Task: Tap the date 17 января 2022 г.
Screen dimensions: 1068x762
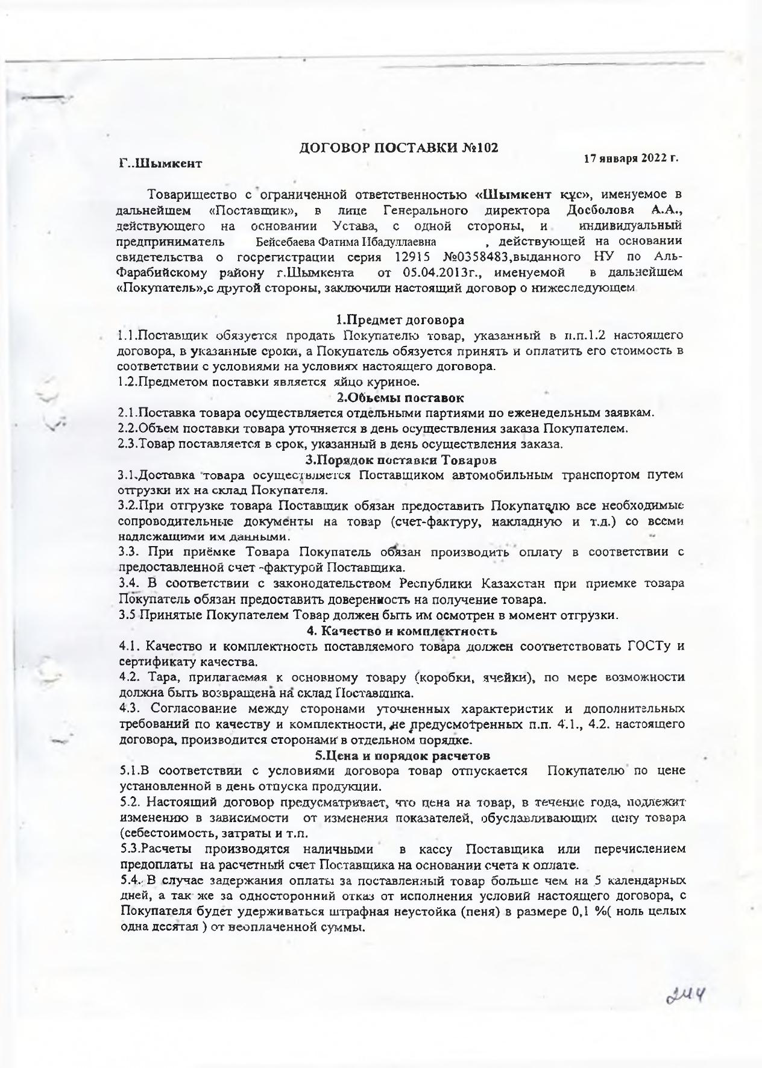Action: (631, 159)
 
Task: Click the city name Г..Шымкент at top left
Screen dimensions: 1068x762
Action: (160, 163)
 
